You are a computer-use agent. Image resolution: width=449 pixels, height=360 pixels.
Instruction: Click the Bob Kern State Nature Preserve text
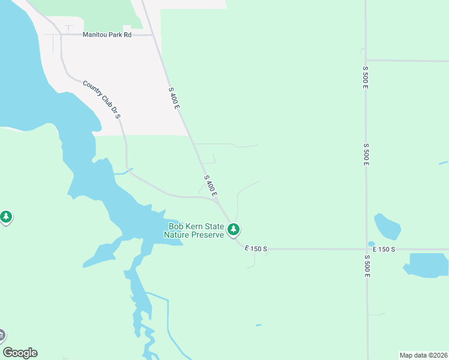(196, 230)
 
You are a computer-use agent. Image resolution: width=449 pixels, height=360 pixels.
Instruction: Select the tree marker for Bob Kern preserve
(234, 229)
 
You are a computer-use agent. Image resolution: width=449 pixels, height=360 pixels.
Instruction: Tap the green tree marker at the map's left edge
(6, 217)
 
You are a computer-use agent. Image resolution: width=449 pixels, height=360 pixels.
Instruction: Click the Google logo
(20, 353)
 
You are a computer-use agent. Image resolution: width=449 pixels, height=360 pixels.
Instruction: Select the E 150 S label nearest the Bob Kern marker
(256, 248)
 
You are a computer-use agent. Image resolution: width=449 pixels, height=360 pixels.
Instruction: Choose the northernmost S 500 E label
(365, 77)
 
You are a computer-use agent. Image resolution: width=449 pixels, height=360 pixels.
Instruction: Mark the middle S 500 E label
(366, 154)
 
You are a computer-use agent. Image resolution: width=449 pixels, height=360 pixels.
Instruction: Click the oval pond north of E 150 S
(387, 226)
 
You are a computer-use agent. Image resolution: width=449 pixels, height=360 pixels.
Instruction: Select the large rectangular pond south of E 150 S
(427, 265)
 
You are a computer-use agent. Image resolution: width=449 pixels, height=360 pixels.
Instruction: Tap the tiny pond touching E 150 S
(371, 244)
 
